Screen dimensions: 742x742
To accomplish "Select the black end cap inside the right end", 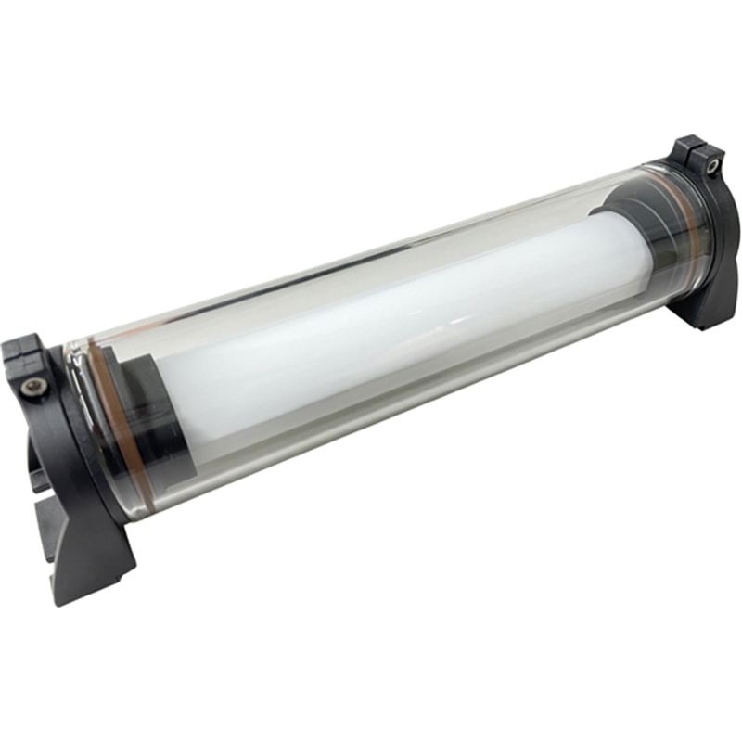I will (x=640, y=223).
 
